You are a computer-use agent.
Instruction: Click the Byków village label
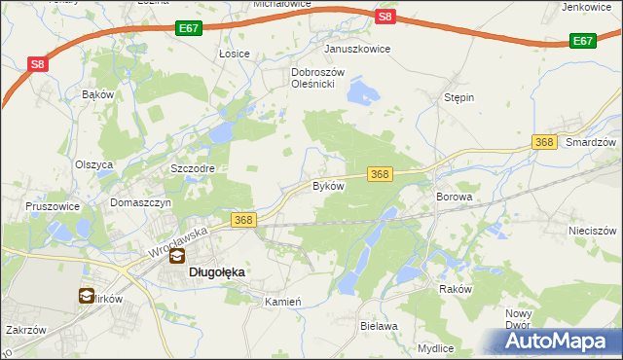(328, 185)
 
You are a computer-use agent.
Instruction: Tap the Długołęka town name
(215, 273)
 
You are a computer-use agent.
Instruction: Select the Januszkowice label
(357, 49)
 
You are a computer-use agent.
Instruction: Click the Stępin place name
(458, 98)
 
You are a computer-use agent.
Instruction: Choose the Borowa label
(453, 197)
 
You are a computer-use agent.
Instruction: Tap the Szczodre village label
(192, 168)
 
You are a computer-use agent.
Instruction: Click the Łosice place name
(235, 54)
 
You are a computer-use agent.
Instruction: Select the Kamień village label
(284, 303)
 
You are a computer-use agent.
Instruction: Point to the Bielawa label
(379, 327)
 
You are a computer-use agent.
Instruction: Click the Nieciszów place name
(593, 232)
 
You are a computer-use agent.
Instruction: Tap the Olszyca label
(94, 164)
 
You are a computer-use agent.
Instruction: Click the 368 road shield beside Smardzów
(545, 143)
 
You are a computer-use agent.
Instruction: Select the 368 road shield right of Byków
(380, 174)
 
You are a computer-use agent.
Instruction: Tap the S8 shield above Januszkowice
(385, 17)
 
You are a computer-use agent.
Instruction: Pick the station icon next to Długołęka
(178, 258)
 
